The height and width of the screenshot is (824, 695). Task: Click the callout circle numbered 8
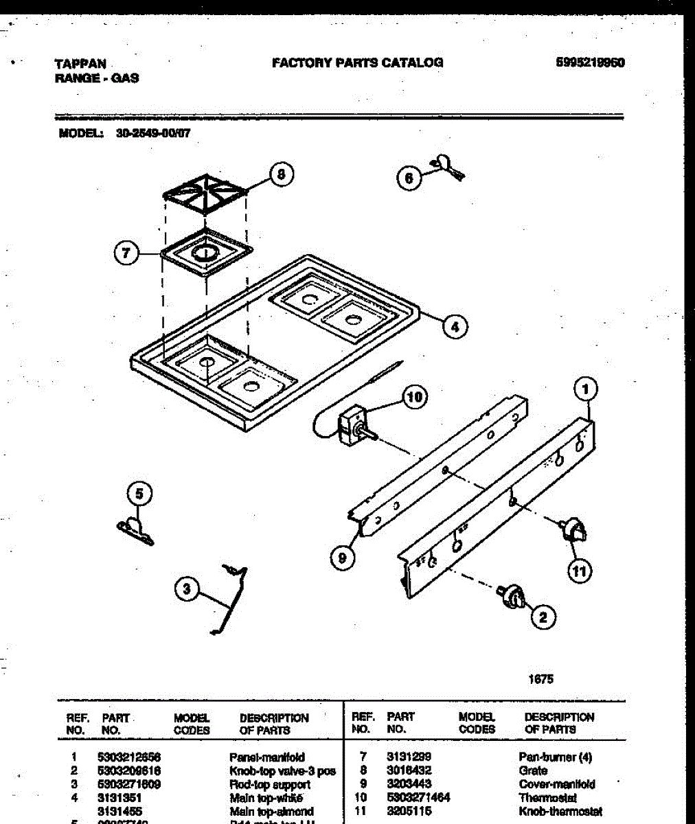[280, 174]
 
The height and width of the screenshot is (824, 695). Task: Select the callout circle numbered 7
[126, 253]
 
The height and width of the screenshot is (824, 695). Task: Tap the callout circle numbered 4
[455, 327]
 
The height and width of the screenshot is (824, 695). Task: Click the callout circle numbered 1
[585, 390]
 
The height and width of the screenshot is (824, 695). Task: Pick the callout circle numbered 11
[580, 571]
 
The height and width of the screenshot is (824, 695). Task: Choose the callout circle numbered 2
[543, 617]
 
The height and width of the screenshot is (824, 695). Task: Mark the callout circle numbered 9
[342, 558]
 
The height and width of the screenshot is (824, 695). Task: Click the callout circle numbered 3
[186, 589]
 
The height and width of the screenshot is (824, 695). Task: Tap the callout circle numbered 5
[139, 493]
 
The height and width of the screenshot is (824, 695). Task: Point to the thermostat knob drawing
[573, 531]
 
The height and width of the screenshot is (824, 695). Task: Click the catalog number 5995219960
[590, 62]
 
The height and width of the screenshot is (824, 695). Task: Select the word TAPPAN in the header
[80, 64]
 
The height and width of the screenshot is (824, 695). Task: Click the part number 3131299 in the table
[409, 757]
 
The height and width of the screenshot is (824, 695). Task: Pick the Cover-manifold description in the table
[556, 784]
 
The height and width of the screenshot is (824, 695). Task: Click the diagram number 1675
[540, 679]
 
